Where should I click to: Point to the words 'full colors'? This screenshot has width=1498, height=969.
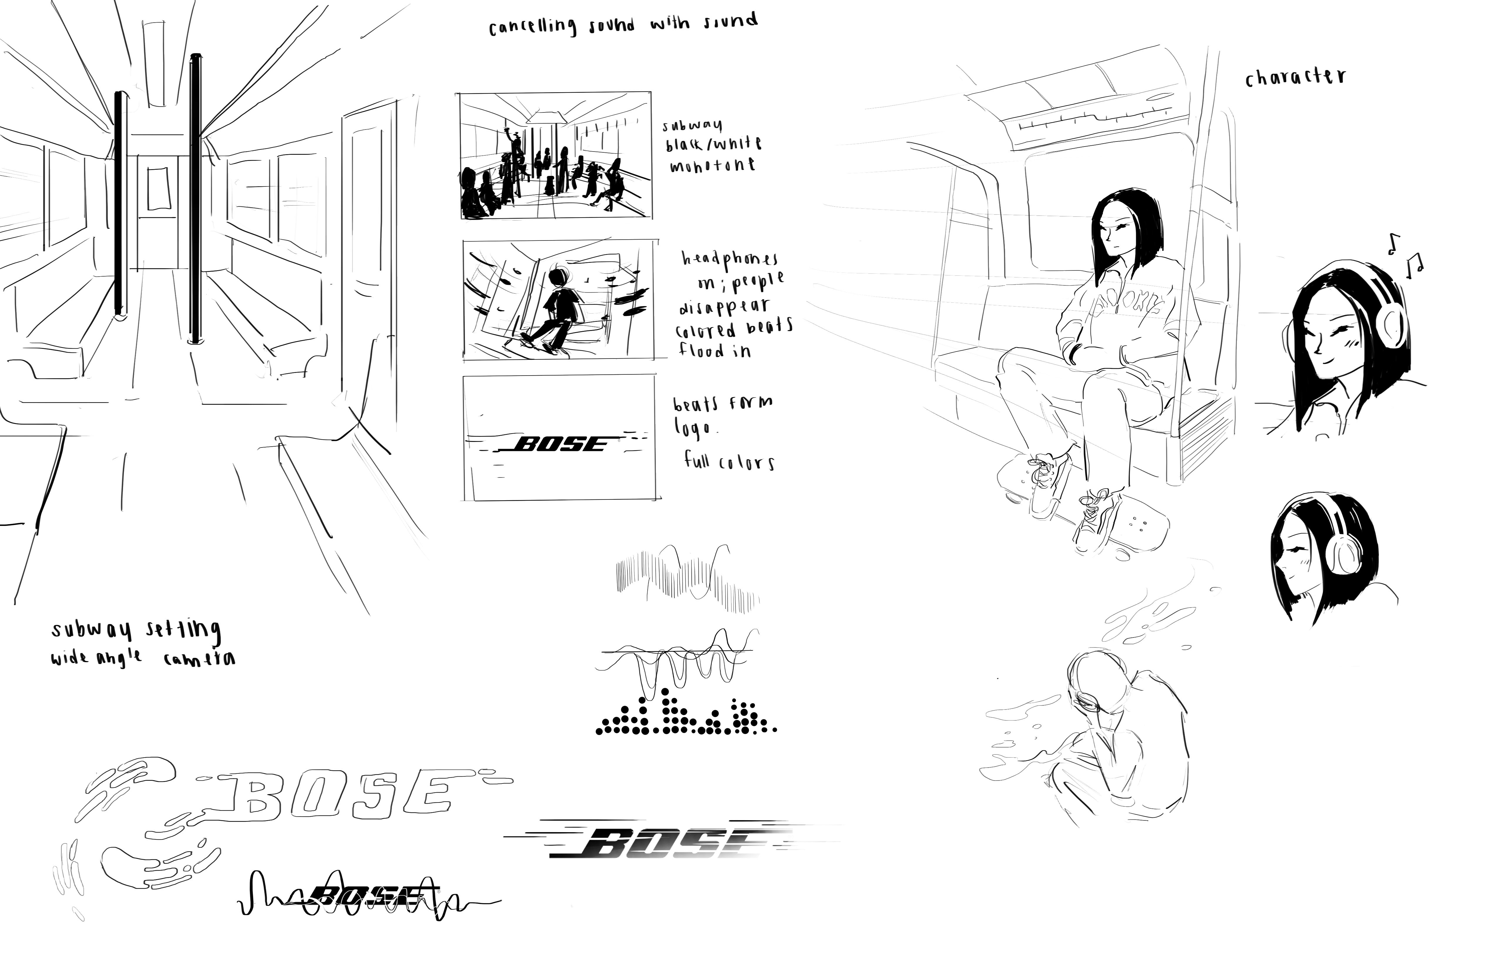729,462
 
